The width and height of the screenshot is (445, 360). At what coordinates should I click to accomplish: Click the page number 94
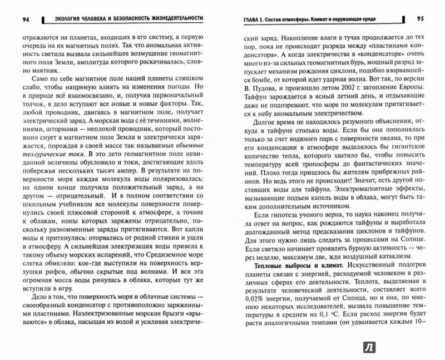[25, 19]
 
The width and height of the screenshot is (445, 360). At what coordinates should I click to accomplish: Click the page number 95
[419, 19]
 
